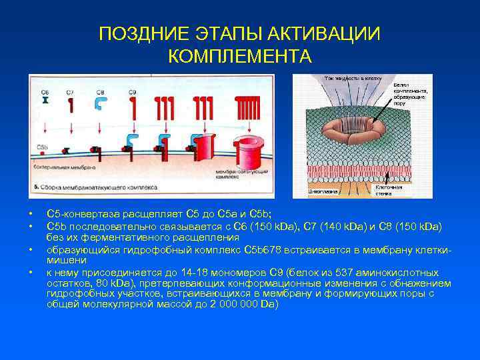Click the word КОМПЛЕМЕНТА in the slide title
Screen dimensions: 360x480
tap(240, 56)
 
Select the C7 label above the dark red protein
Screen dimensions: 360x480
tap(70, 92)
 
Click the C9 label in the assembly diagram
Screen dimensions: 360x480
tap(131, 92)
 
